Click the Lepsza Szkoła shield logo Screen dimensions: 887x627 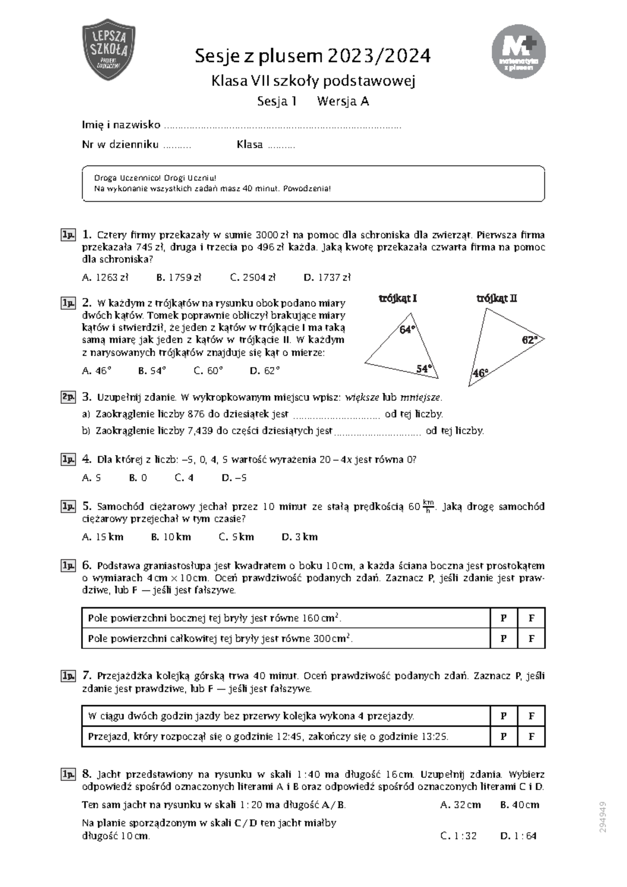pos(109,50)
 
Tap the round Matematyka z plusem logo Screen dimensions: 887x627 pos(518,51)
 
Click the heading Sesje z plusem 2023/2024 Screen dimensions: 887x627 pos(312,55)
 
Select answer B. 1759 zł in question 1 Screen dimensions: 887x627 pos(178,277)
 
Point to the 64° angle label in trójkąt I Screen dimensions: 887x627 pos(407,330)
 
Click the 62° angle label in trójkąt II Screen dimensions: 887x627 pos(529,340)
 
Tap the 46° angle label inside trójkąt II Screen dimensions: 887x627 pos(480,373)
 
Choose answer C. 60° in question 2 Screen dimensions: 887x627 pos(208,370)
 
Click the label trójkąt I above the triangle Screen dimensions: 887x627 pos(398,298)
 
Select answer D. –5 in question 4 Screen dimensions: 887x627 pos(234,477)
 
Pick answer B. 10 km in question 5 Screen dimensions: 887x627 pos(170,536)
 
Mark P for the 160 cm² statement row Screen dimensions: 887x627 pos(504,618)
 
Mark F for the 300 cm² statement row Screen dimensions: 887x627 pos(531,638)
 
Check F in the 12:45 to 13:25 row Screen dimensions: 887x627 pos(531,737)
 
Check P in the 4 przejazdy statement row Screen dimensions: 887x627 pos(504,716)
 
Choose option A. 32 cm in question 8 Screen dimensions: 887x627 pos(460,805)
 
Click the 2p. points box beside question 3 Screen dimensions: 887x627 pos(68,397)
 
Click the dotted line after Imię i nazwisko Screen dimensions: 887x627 pos(282,126)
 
